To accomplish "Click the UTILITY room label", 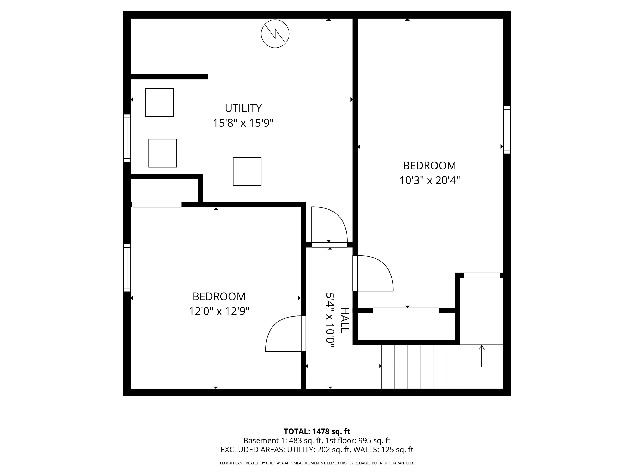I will pos(243,108).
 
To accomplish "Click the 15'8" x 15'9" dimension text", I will pos(243,123).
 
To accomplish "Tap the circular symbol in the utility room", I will pos(275,34).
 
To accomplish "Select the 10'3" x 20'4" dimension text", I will pos(429,181).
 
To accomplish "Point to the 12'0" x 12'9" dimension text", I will pos(219,311).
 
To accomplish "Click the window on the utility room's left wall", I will pos(127,138).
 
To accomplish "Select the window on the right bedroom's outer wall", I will pos(507,130).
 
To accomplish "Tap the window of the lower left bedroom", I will pos(127,268).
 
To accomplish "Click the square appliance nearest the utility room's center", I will pos(247,171).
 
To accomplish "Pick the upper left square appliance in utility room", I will pos(159,102).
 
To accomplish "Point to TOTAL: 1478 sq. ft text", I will pos(317,431).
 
